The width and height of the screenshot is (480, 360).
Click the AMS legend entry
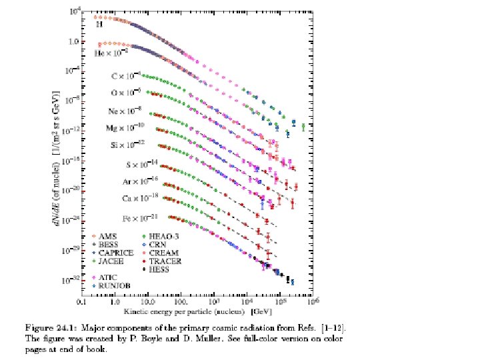click(107, 236)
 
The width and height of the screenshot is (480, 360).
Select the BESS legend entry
click(109, 245)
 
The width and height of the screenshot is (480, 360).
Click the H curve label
click(99, 25)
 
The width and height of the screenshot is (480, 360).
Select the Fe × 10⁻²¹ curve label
click(127, 219)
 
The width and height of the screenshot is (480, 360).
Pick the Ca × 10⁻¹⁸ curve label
click(127, 198)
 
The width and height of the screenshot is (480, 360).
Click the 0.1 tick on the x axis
click(81, 302)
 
